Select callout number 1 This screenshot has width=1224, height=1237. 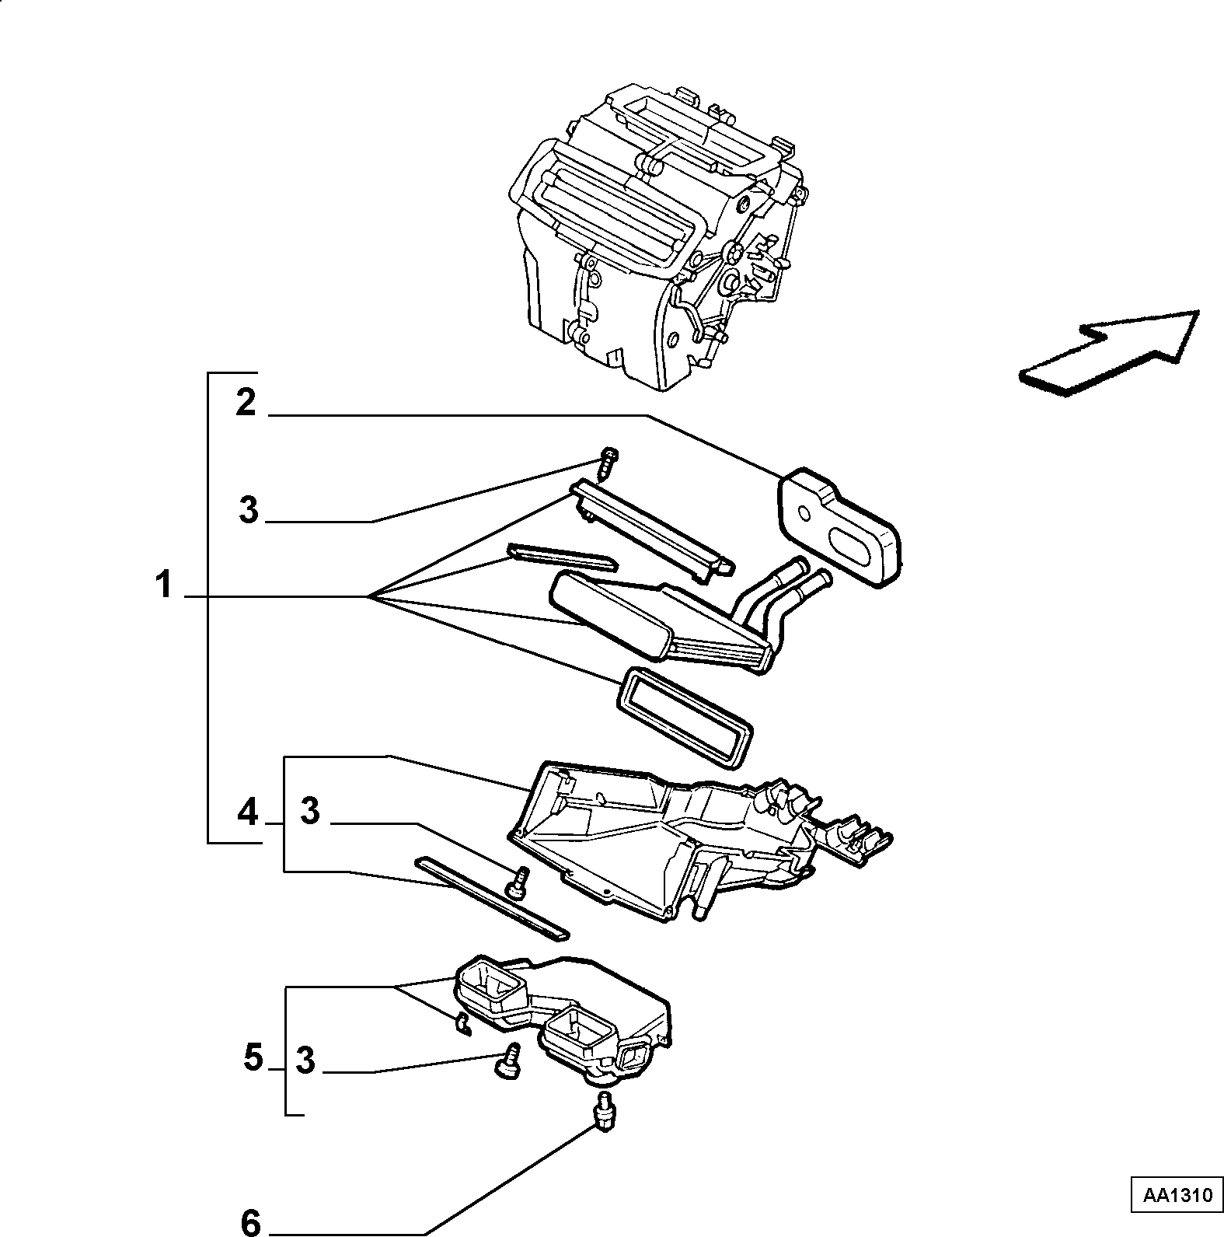click(163, 585)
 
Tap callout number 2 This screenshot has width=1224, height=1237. click(246, 403)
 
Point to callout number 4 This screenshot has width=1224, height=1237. click(247, 812)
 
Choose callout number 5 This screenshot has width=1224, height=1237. click(253, 1057)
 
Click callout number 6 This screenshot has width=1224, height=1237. click(251, 1223)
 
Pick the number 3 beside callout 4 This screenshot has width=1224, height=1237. click(309, 812)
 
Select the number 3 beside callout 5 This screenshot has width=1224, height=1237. click(305, 1061)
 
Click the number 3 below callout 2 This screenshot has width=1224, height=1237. click(249, 511)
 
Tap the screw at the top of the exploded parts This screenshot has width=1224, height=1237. click(610, 462)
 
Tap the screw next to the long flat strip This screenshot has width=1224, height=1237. click(516, 882)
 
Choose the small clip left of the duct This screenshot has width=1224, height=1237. click(462, 1026)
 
